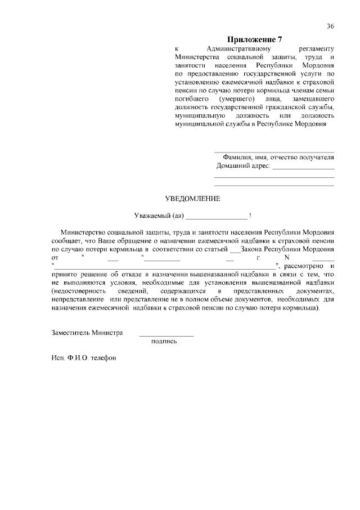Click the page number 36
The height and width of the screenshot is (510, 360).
[330, 26]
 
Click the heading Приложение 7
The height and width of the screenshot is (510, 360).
[254, 39]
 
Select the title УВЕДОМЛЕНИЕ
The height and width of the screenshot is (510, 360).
[192, 199]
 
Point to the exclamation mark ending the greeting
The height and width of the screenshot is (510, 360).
[250, 216]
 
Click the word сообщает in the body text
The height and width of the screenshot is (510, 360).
[66, 240]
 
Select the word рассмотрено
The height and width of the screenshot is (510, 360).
[303, 265]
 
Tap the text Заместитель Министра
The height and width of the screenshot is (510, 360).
[87, 333]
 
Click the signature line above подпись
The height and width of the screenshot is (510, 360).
[166, 335]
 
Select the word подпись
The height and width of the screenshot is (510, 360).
[164, 341]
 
